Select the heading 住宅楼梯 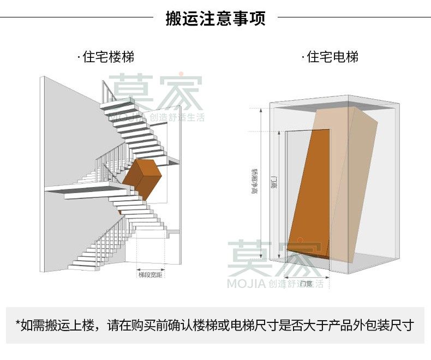click(109, 57)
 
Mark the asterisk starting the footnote click(18, 326)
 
